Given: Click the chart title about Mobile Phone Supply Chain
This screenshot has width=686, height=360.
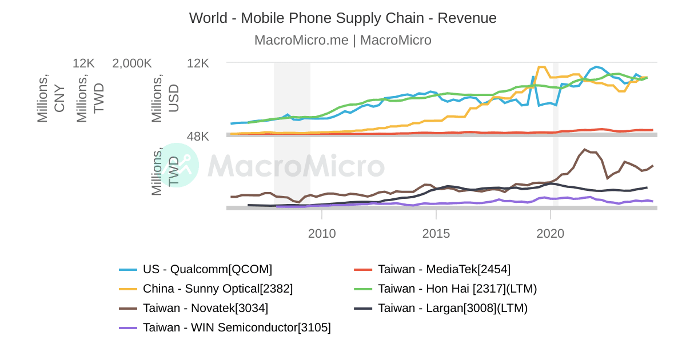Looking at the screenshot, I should point(342,18).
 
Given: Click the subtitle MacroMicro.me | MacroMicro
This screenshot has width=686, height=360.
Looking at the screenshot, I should point(342,40).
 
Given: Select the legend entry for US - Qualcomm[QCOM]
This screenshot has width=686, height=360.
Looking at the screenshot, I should point(207,269).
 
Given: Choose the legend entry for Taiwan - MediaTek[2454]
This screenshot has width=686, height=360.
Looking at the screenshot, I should point(444,269).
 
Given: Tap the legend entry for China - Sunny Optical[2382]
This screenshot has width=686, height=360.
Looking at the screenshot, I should point(217,289).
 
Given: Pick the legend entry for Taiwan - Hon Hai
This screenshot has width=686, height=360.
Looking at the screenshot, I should point(457,289).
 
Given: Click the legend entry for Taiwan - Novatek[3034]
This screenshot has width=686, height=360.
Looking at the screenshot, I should point(205,308).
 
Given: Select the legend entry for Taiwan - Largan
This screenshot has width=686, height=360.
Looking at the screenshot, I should point(452,308).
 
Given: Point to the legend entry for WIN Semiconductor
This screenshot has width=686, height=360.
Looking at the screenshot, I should point(237,327).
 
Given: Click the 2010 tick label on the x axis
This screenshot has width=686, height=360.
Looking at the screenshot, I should point(322,233).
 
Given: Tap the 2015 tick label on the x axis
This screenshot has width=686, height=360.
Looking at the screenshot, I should point(436,233).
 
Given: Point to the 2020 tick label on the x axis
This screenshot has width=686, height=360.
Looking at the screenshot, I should point(551,233).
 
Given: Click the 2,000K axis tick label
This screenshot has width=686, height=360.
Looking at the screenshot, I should point(132,63).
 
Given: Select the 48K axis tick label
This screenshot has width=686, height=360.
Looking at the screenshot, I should point(197,136).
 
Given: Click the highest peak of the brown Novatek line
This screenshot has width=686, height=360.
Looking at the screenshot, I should point(584,150).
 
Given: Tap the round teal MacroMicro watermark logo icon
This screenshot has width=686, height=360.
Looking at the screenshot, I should point(180,165).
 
